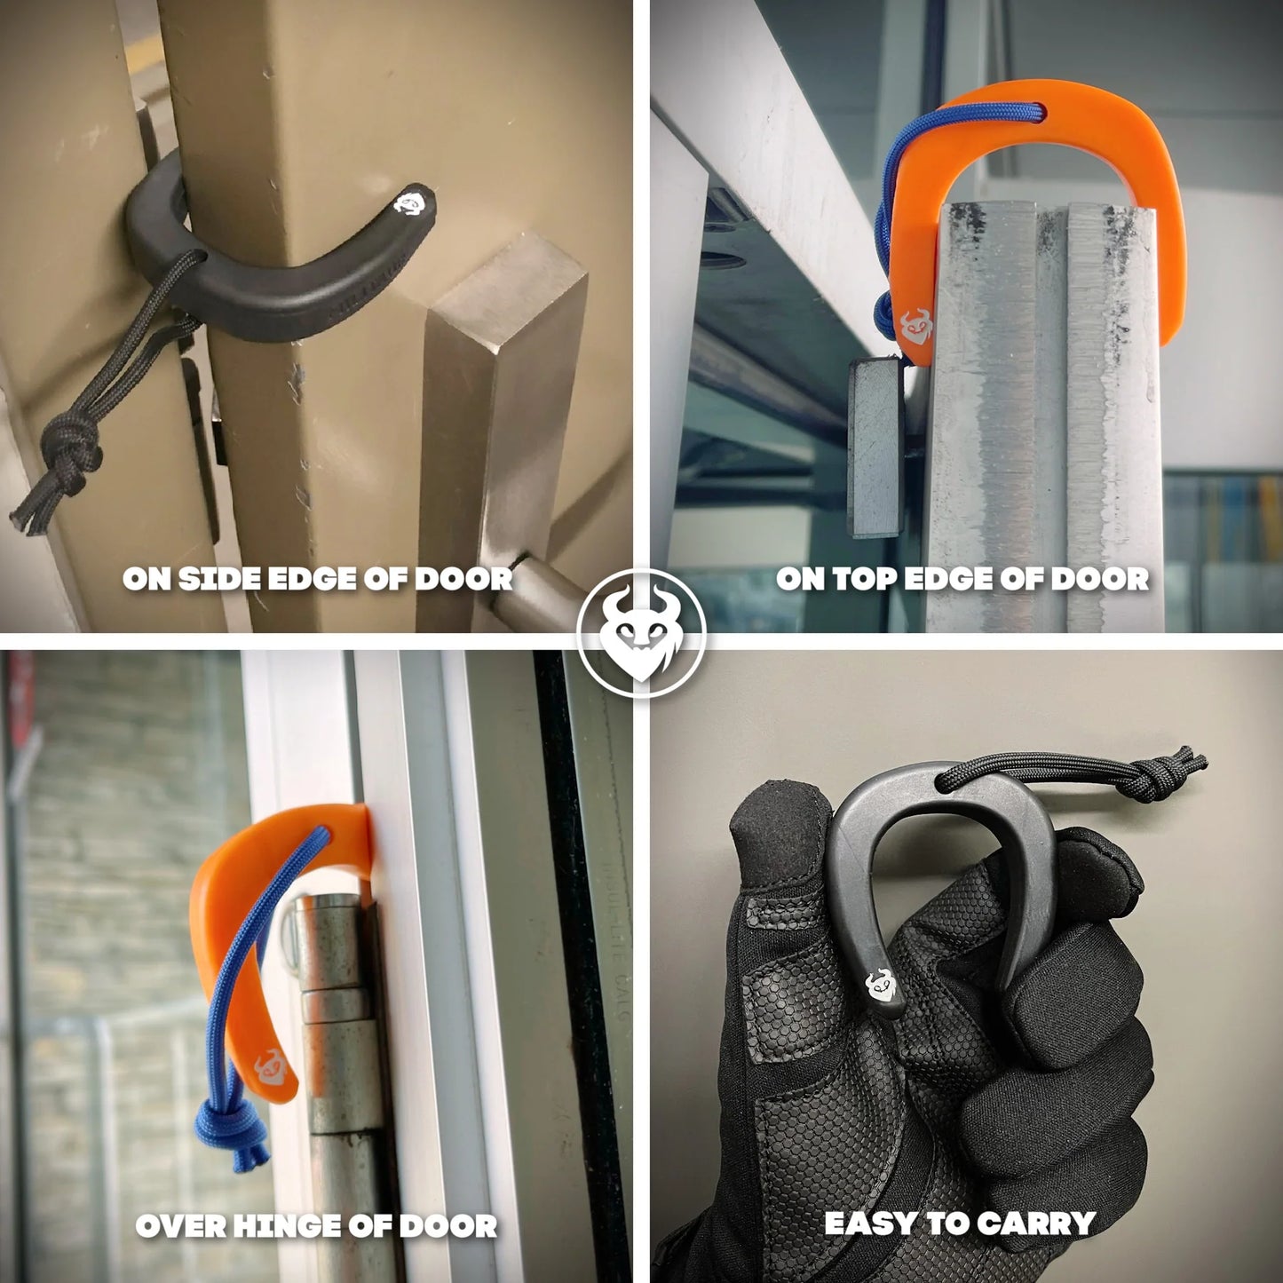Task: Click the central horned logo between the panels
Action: pyautogui.click(x=641, y=633)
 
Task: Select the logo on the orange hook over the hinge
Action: pyautogui.click(x=272, y=1066)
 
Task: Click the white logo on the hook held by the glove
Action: pyautogui.click(x=880, y=984)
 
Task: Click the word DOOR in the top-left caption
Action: pyautogui.click(x=463, y=579)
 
